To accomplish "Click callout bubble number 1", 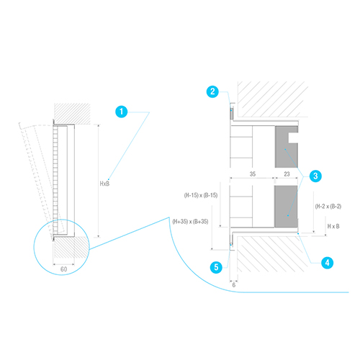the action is tap(122, 112).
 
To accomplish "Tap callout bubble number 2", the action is tap(212, 91).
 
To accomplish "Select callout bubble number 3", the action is tap(315, 176).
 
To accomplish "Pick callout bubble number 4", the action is tap(328, 263).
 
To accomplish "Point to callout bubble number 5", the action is tap(216, 267).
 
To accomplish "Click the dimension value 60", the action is tap(63, 269).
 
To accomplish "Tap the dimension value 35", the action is tap(253, 174).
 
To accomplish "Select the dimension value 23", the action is tap(287, 174).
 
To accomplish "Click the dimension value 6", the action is tap(234, 285).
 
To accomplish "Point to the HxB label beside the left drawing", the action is tap(104, 184).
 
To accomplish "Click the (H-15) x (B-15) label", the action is tap(201, 195).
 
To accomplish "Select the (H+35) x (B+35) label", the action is tap(190, 222).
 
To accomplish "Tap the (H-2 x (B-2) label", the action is tap(328, 207).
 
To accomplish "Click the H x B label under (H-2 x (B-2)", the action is tap(333, 226).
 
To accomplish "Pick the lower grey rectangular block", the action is tap(286, 207).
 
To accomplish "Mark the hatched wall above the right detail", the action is tap(273, 99).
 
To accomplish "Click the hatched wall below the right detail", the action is tap(273, 254).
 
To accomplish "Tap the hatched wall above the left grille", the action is tap(72, 114).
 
